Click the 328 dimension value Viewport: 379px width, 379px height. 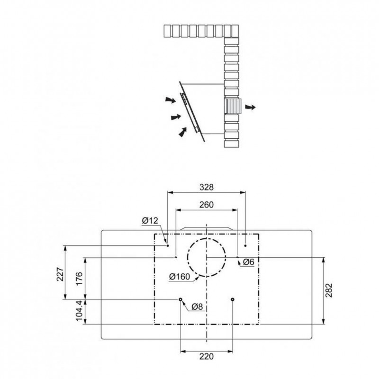point(207,187)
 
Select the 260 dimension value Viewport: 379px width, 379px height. point(207,205)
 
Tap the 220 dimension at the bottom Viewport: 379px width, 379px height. point(207,356)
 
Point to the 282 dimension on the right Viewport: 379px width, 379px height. point(329,290)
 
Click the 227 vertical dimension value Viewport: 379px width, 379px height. point(60,274)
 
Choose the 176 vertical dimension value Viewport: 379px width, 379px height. point(79,279)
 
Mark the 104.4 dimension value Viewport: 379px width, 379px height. point(79,311)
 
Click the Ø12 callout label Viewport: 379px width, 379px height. point(150,220)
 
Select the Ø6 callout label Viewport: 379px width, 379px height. point(248,262)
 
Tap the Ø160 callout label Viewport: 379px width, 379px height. point(180,277)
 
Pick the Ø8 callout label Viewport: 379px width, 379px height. point(197,307)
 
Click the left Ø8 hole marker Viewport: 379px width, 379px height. point(180,299)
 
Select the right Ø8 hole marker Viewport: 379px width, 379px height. point(233,299)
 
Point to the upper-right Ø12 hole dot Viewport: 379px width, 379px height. point(245,245)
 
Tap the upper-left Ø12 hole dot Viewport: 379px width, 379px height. point(168,245)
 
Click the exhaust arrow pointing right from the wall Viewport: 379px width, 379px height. point(250,107)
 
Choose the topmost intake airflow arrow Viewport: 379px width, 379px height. point(171,100)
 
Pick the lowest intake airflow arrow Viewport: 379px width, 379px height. point(183,132)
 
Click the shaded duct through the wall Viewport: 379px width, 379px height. point(233,106)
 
